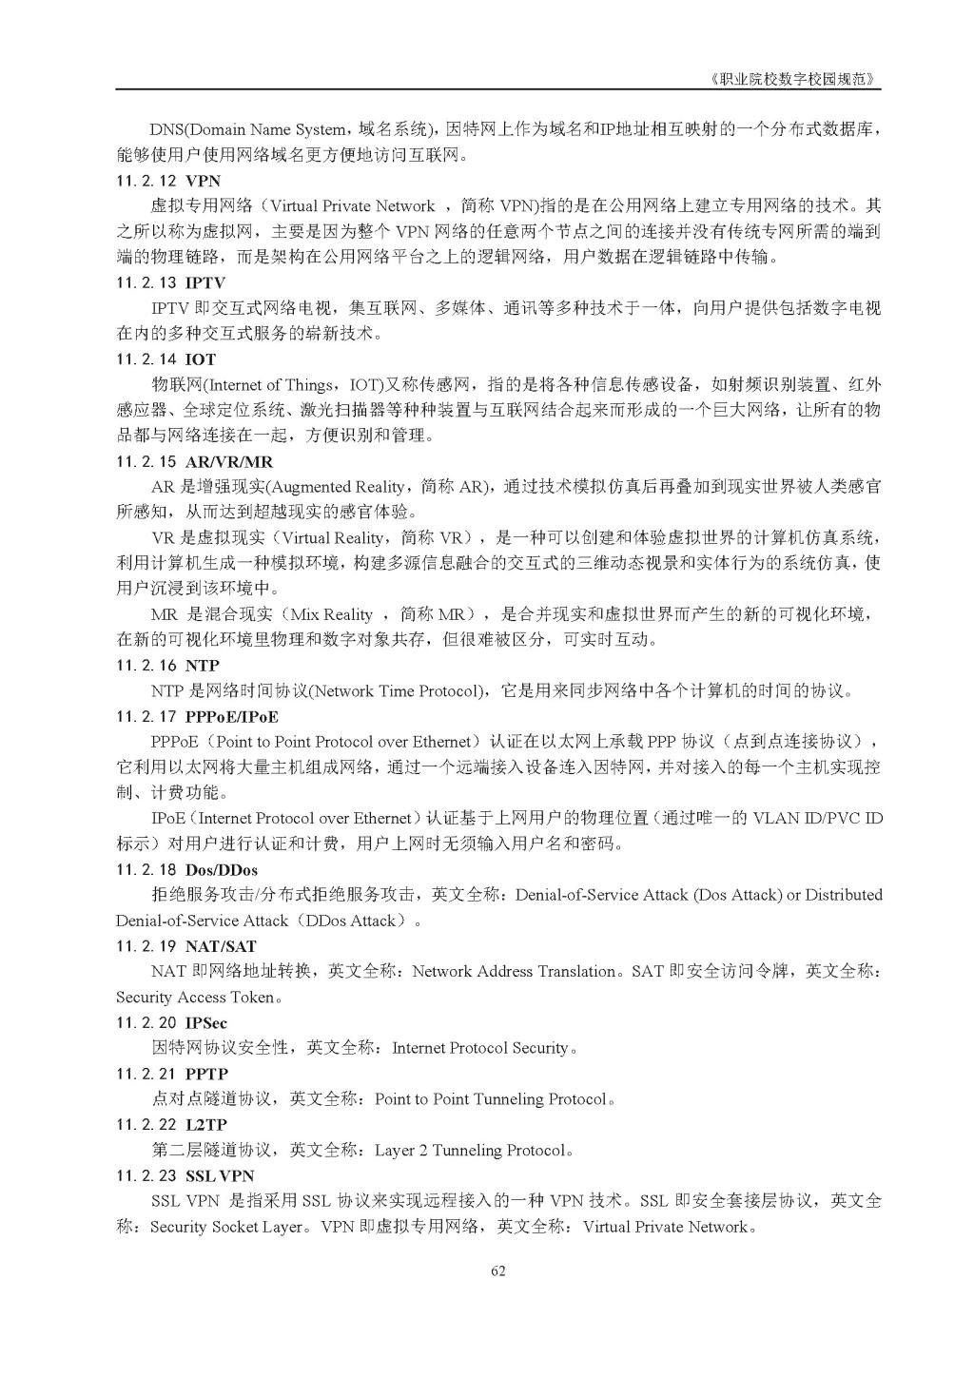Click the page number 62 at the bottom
tap(497, 1271)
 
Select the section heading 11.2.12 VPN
tap(168, 180)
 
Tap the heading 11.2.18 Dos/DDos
tap(186, 869)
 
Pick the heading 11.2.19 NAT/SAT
tap(186, 946)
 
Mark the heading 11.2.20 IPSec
tap(172, 1023)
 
